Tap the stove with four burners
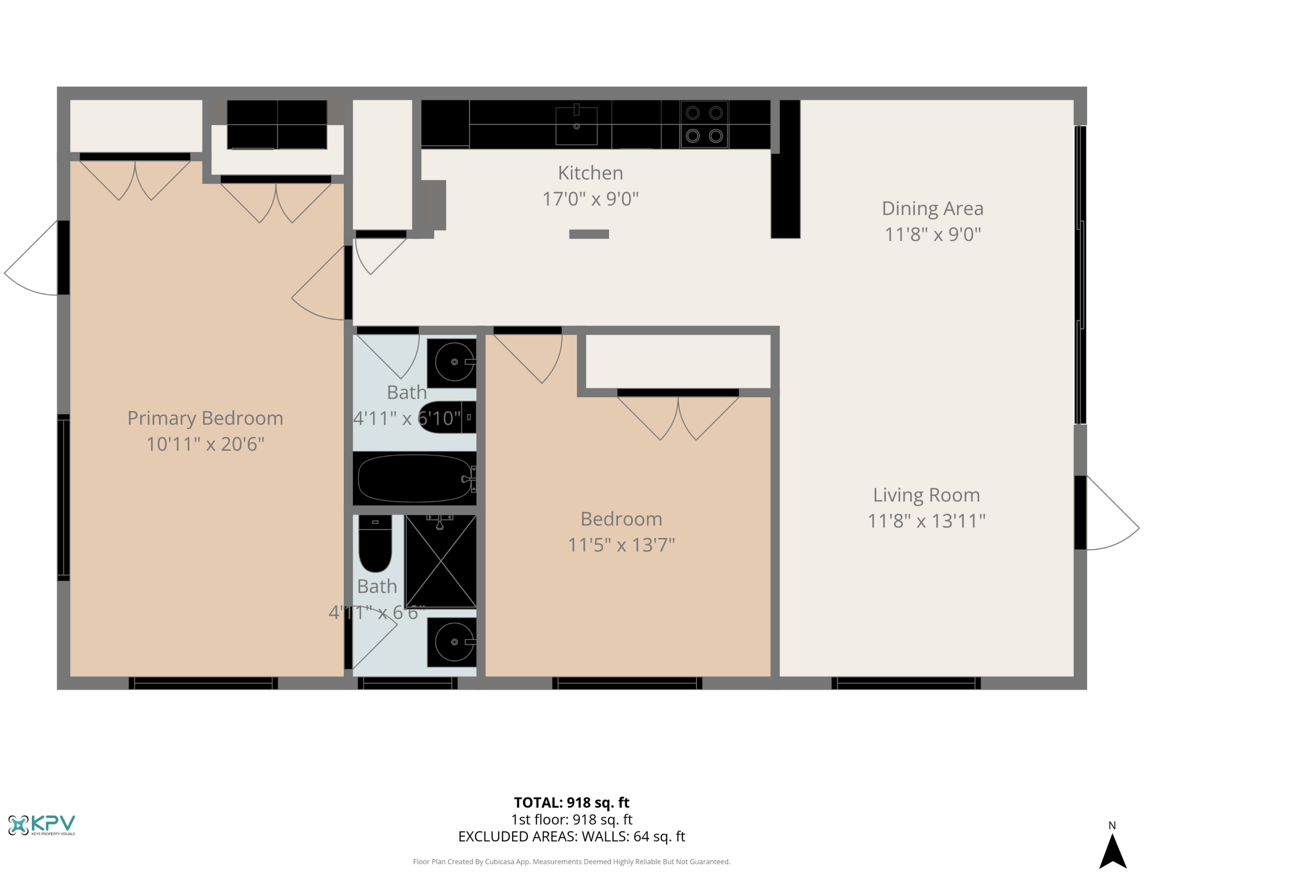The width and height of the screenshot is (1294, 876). click(x=704, y=124)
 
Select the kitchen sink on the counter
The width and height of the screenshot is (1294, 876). click(x=576, y=125)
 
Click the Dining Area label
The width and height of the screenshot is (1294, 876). click(x=932, y=209)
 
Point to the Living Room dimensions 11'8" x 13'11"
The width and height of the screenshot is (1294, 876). click(x=926, y=521)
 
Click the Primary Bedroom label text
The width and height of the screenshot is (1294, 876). click(x=205, y=418)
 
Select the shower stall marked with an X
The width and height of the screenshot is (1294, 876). click(x=440, y=560)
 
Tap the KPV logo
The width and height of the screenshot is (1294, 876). click(x=42, y=825)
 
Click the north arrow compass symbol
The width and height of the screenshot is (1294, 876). click(x=1112, y=849)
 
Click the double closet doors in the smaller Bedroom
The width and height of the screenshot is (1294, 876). click(x=678, y=418)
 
